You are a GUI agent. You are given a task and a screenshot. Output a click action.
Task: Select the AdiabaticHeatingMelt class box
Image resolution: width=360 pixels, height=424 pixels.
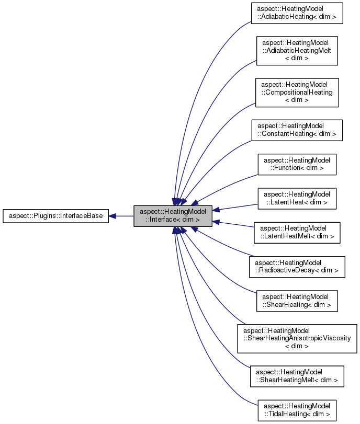click(x=297, y=51)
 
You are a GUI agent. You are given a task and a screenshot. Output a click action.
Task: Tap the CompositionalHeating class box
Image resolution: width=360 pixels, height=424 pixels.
click(x=297, y=93)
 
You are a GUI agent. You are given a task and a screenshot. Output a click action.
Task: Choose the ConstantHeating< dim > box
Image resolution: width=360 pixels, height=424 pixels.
click(x=297, y=130)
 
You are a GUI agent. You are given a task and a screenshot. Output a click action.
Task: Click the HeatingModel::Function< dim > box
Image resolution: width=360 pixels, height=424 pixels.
click(x=297, y=164)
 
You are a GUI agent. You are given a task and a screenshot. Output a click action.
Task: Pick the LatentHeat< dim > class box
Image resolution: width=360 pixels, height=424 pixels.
click(x=297, y=198)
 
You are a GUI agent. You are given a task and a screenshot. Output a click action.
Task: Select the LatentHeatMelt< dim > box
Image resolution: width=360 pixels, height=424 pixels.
click(x=297, y=232)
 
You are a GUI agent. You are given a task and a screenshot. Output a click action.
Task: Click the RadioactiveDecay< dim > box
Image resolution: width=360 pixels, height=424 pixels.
click(x=297, y=266)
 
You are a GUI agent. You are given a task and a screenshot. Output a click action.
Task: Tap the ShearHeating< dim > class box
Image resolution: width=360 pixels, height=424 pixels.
click(x=297, y=300)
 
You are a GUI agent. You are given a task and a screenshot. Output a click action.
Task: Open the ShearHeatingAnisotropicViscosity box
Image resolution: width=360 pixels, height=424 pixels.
click(x=297, y=338)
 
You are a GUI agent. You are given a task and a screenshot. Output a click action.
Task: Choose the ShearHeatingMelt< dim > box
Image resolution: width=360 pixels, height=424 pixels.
click(x=297, y=376)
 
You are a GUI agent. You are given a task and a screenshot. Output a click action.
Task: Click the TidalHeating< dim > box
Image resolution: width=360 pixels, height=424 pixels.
click(x=297, y=410)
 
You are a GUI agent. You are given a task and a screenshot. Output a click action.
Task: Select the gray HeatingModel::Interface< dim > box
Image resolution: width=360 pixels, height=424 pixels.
click(x=173, y=215)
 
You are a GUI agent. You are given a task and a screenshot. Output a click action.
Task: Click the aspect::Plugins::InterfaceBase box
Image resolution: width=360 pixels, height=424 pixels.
click(x=56, y=215)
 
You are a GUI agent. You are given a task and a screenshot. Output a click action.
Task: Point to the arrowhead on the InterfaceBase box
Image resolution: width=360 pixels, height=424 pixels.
click(x=113, y=215)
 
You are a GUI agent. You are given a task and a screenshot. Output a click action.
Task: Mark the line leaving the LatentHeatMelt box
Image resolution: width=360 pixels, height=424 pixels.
click(x=235, y=225)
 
